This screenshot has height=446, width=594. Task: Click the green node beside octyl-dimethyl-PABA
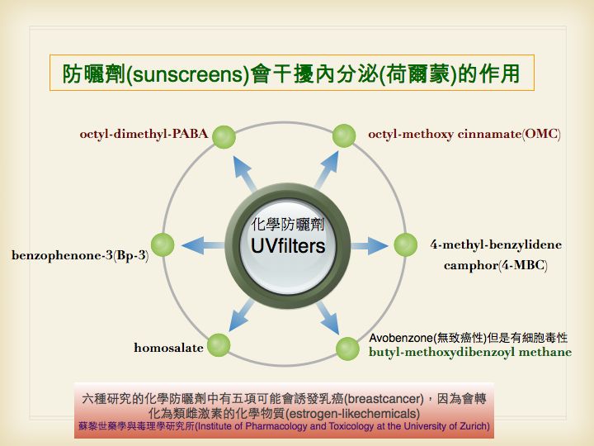pos(224,137)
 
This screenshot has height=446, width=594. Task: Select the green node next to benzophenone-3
pos(163,244)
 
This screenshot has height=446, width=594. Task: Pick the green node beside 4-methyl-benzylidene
pos(405,244)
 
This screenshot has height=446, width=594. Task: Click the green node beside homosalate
pos(219,344)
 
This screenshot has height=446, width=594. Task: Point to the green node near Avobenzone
pos(348,348)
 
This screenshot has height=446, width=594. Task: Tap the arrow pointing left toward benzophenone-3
pos(201,244)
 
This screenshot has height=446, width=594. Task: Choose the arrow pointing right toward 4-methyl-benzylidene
pos(369,245)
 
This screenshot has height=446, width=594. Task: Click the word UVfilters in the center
pos(288,246)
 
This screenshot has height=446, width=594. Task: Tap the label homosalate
pos(168,348)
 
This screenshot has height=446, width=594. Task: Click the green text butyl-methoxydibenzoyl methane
pos(470,353)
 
